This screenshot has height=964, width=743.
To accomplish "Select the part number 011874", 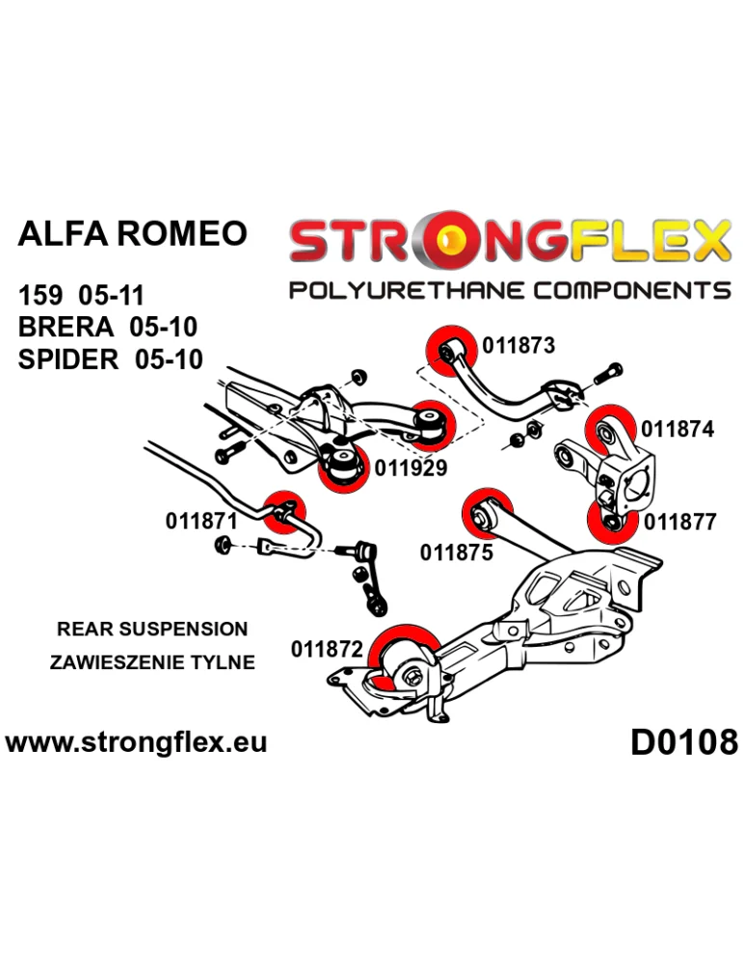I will click(677, 429).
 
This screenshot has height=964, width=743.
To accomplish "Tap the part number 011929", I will click(411, 469).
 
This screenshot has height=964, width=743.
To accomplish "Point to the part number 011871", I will click(201, 521).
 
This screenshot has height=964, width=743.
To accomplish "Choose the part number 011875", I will click(457, 552).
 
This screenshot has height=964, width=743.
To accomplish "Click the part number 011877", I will click(680, 522).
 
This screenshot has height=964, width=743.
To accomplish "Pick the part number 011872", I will click(327, 649).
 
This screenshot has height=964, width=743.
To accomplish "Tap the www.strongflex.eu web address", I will click(136, 742).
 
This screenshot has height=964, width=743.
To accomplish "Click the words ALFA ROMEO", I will click(132, 234).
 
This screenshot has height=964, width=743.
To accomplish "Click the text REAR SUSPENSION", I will click(152, 629).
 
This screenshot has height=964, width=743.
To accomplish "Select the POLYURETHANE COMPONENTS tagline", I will click(510, 290).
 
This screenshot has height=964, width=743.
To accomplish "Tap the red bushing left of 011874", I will click(608, 430).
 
